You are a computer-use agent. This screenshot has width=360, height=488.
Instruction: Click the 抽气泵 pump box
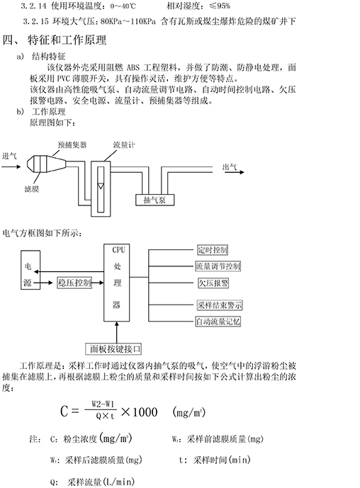pyautogui.click(x=154, y=200)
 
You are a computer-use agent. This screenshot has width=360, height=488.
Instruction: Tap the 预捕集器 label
pyautogui.click(x=72, y=144)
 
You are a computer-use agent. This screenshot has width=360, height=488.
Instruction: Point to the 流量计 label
pyautogui.click(x=124, y=144)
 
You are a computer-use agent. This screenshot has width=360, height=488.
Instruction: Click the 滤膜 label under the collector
pyautogui.click(x=31, y=189)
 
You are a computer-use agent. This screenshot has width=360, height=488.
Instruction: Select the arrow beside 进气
pyautogui.click(x=11, y=167)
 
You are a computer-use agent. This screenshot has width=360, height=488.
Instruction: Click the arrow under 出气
pyautogui.click(x=235, y=172)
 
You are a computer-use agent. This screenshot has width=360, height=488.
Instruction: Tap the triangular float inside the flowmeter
pyautogui.click(x=101, y=186)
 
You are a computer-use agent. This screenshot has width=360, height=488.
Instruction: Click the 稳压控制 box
pyautogui.click(x=74, y=283)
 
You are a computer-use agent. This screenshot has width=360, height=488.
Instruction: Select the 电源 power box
pyautogui.click(x=30, y=270)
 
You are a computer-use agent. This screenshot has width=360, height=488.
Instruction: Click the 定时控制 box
pyautogui.click(x=213, y=250)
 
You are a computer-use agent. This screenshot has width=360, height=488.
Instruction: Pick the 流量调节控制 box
pyautogui.click(x=218, y=266)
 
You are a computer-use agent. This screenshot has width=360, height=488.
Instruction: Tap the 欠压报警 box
pyautogui.click(x=213, y=283)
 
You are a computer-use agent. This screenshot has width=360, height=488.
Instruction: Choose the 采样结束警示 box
pyautogui.click(x=220, y=305)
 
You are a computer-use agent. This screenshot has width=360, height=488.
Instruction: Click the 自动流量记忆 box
pyautogui.click(x=218, y=321)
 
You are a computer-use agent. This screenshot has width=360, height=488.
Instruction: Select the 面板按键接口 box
pyautogui.click(x=113, y=349)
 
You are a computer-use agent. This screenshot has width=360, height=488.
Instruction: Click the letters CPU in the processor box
pyautogui.click(x=118, y=249)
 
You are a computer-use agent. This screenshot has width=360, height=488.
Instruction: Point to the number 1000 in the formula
pyautogui.click(x=145, y=412)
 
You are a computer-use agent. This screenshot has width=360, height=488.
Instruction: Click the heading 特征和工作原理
pyautogui.click(x=67, y=40)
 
